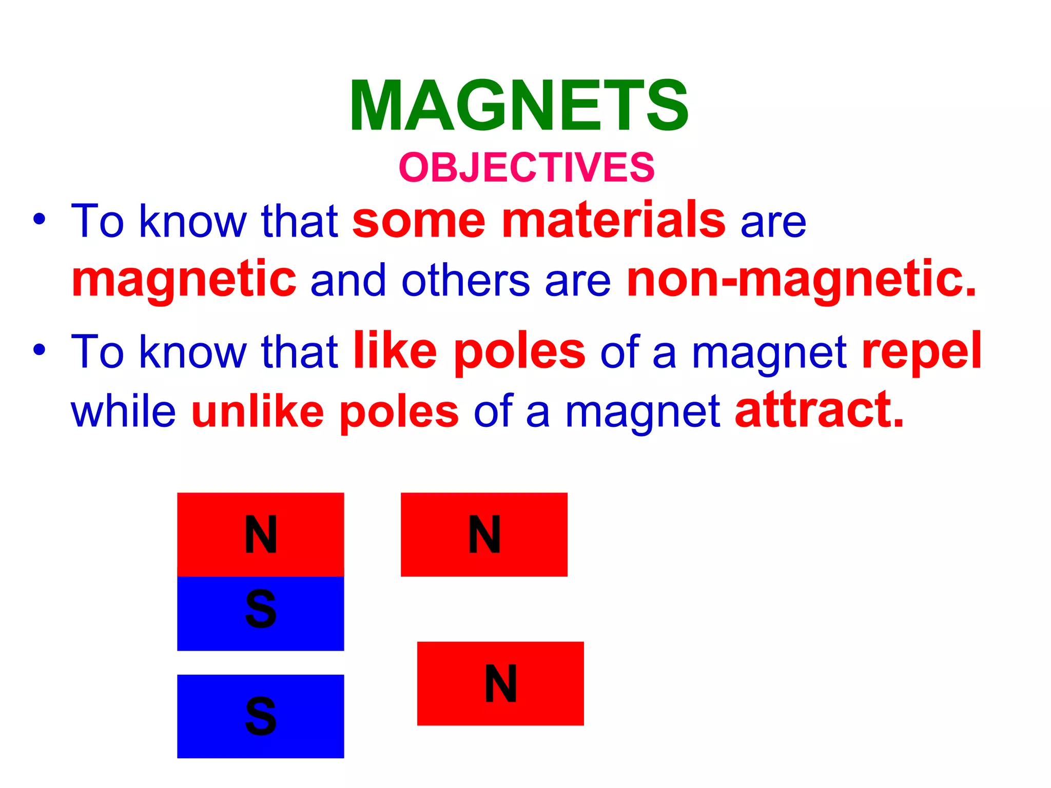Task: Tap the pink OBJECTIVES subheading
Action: pyautogui.click(x=527, y=167)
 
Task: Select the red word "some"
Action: pyautogui.click(x=419, y=221)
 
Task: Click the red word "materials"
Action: pyautogui.click(x=613, y=221)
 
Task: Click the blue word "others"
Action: pyautogui.click(x=465, y=281)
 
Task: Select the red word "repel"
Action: pyautogui.click(x=922, y=351)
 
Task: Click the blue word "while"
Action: pyautogui.click(x=124, y=411)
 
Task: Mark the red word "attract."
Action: pyautogui.click(x=819, y=410)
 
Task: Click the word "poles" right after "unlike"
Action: pyautogui.click(x=399, y=413)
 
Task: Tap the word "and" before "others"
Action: pyautogui.click(x=348, y=281)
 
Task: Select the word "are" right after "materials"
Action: pyautogui.click(x=773, y=223)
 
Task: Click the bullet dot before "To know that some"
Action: pyautogui.click(x=40, y=220)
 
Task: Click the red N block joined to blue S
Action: pyautogui.click(x=260, y=534)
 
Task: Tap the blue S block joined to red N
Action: pyautogui.click(x=260, y=613)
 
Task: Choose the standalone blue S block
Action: pyautogui.click(x=260, y=716)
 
